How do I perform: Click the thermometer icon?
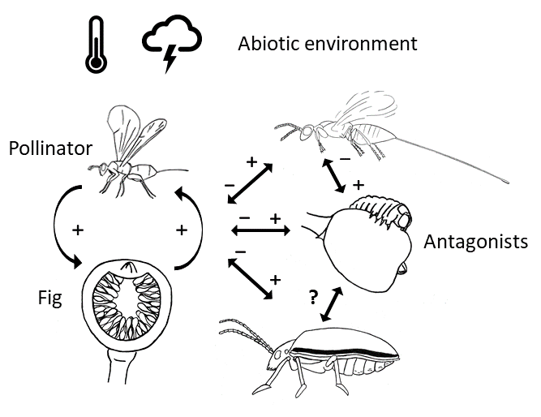point(96,44)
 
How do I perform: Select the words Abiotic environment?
point(328,44)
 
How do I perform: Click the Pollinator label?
point(50,148)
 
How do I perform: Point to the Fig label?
point(50,298)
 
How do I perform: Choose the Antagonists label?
point(475,241)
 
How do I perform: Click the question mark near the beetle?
point(313,297)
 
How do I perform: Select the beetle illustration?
point(309,359)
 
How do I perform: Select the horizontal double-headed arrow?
point(260,231)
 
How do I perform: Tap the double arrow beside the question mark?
point(332,304)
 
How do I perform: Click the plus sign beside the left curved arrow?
point(78,230)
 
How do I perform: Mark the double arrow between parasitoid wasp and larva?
point(333,176)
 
